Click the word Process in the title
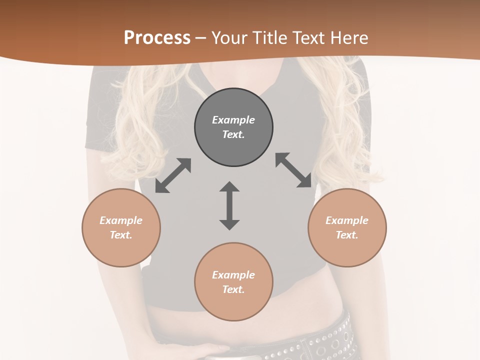[157, 37]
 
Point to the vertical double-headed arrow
[229, 205]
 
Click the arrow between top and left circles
[173, 175]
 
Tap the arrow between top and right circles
[293, 170]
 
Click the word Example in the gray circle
[233, 120]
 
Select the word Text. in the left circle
[121, 235]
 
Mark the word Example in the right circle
[347, 220]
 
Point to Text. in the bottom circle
[233, 289]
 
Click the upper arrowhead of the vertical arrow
[229, 187]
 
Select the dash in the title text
[201, 37]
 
